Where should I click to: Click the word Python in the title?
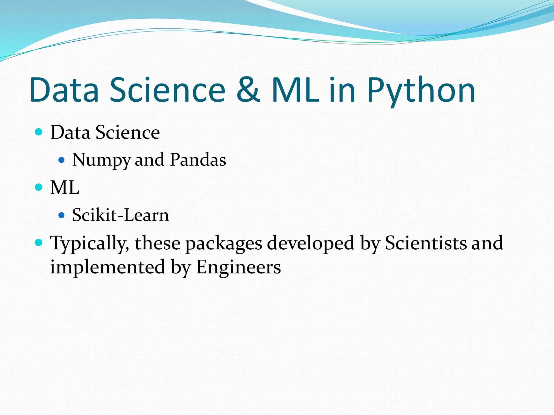[x=421, y=91]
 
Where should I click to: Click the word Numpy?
[x=101, y=160]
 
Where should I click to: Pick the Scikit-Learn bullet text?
[x=120, y=215]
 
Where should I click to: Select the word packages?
[x=223, y=243]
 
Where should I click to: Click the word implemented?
[x=108, y=267]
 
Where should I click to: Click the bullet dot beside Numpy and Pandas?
[x=62, y=160]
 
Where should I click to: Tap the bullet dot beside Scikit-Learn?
[x=62, y=215]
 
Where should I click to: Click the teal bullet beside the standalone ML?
[x=39, y=187]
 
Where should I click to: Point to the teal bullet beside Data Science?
[x=39, y=132]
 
